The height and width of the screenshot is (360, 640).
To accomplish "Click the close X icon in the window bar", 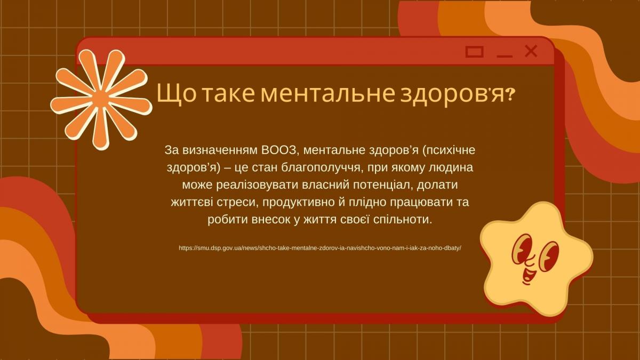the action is [x=531, y=51].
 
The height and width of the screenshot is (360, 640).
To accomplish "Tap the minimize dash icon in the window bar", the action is [x=505, y=56].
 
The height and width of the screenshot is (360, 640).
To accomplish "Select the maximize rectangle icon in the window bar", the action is [x=475, y=52].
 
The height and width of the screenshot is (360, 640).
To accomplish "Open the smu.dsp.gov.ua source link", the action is [x=320, y=248].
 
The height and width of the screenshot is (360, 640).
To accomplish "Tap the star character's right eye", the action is [x=548, y=257].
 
